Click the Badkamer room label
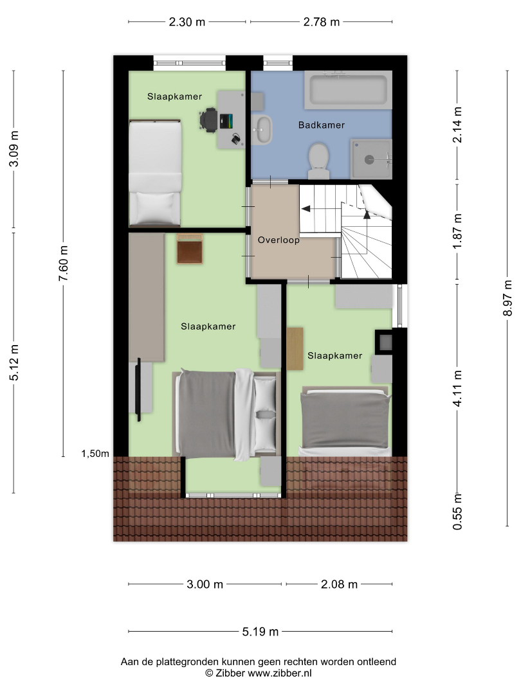321,125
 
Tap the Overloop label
279,240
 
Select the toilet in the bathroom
318,160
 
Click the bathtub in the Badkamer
348,90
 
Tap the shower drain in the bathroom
369,159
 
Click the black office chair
208,120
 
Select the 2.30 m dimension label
187,22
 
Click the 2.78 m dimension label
321,22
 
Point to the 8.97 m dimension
507,298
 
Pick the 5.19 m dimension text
260,632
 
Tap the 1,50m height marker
95,454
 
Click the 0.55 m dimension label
457,512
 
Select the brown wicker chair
190,249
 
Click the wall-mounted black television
139,389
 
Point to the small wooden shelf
295,349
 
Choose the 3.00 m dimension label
205,584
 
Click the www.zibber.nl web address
280,673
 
